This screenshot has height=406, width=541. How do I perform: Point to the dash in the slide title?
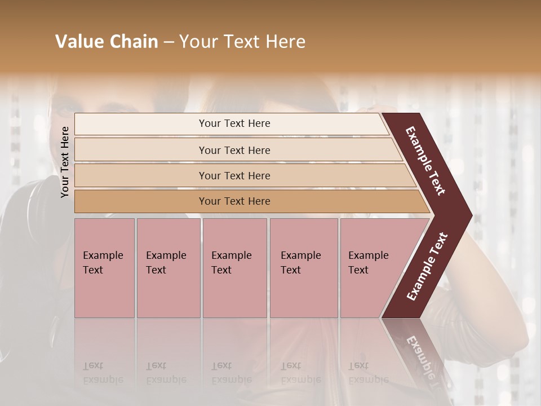click(x=168, y=42)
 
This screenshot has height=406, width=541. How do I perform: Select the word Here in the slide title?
click(x=286, y=42)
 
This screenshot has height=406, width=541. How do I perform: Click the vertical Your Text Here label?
click(x=65, y=162)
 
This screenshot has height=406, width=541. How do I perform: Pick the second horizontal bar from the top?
click(x=234, y=150)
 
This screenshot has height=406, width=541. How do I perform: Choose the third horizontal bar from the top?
click(x=234, y=175)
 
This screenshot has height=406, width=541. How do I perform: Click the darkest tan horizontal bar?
click(x=234, y=201)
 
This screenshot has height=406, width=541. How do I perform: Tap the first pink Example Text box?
click(x=104, y=267)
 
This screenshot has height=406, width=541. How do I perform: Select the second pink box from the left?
click(x=168, y=267)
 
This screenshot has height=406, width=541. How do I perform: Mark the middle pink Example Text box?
click(x=234, y=267)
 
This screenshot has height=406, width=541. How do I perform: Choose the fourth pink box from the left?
click(x=303, y=267)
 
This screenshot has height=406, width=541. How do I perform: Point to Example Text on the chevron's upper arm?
click(x=425, y=161)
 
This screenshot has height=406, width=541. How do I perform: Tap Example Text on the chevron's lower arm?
click(x=428, y=266)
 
